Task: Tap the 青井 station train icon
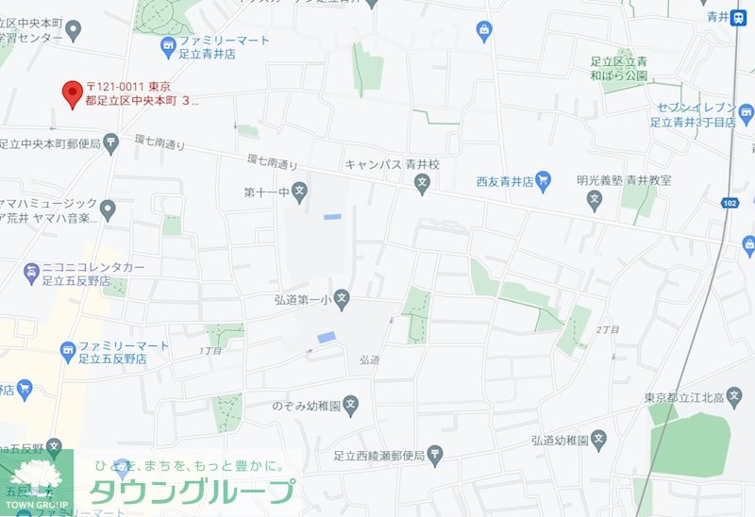click(740, 16)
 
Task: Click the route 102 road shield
click(729, 203)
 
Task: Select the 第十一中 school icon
click(300, 192)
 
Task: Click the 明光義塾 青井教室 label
click(637, 178)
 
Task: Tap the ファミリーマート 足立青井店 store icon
click(168, 43)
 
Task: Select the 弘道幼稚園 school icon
click(598, 440)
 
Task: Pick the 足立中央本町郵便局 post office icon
click(111, 143)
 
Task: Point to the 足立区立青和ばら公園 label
click(614, 68)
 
